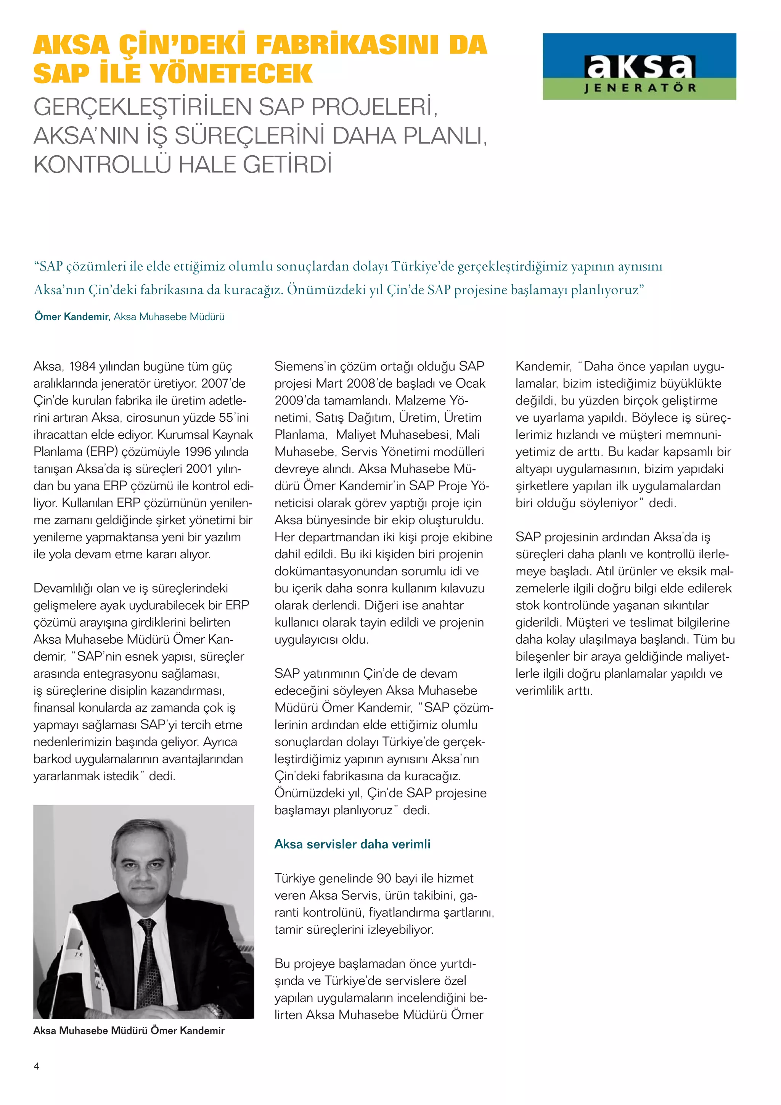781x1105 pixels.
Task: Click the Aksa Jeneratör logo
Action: (639, 66)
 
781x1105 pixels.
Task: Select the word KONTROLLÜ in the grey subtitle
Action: (102, 164)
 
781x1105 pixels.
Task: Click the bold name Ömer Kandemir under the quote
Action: (72, 317)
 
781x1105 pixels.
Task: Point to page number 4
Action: (37, 1066)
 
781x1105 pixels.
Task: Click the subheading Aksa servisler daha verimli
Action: (352, 844)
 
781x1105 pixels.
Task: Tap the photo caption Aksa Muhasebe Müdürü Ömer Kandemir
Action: (129, 1030)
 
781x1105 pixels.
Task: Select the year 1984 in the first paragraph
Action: (82, 367)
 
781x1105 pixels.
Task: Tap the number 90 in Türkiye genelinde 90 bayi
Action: (384, 878)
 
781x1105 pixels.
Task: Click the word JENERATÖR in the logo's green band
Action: (640, 88)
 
